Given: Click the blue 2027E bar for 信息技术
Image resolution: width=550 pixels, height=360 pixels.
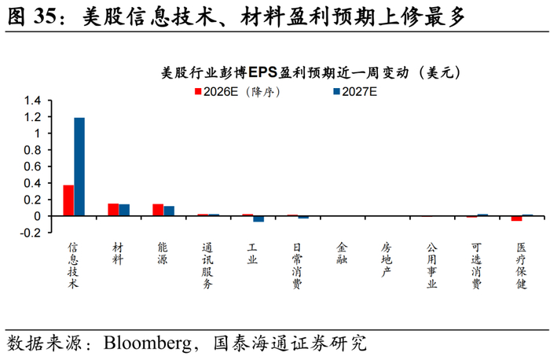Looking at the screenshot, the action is click(x=79, y=167).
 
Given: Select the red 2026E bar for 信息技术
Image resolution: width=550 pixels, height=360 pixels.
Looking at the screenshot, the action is click(x=68, y=200).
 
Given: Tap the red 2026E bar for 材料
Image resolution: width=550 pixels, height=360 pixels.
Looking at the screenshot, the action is click(x=113, y=209).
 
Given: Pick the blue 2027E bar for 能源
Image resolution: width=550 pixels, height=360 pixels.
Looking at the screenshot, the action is click(x=169, y=211).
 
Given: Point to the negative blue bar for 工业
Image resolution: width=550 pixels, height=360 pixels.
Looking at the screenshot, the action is click(x=258, y=219).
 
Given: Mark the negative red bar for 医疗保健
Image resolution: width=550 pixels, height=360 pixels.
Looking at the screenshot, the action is click(x=517, y=219).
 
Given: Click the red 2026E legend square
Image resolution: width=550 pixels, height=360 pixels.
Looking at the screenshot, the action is click(x=198, y=92).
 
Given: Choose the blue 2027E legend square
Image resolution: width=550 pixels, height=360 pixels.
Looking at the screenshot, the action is click(x=337, y=92).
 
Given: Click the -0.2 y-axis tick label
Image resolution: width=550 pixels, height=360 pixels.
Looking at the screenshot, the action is click(x=31, y=233).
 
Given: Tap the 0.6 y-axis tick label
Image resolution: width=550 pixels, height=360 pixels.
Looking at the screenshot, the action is click(x=32, y=167).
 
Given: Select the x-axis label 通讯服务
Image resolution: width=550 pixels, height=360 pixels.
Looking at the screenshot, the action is click(x=207, y=266).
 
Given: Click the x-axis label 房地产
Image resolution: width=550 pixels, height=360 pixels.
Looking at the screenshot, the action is click(x=387, y=259).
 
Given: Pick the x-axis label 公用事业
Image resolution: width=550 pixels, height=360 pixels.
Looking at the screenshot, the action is click(x=431, y=266).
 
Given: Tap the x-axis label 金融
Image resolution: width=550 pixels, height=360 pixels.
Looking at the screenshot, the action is click(x=342, y=254).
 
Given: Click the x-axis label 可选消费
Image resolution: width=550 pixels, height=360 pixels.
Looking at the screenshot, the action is click(x=476, y=266).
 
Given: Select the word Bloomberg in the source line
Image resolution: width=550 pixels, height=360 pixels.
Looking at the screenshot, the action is click(x=148, y=343).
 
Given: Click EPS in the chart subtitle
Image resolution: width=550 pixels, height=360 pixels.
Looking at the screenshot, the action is click(x=263, y=72).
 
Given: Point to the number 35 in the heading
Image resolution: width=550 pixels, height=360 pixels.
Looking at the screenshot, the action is click(x=45, y=17).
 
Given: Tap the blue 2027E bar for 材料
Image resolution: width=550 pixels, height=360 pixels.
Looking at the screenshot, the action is click(x=124, y=210).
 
